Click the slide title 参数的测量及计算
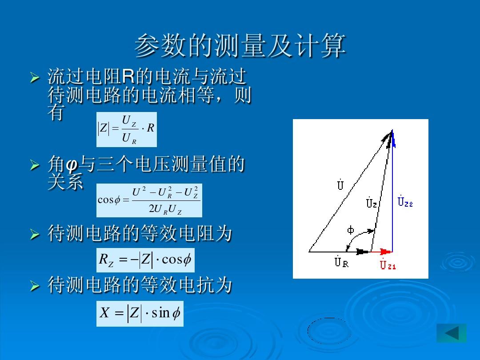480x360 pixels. [x=240, y=46]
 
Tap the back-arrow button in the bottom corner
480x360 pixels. [x=452, y=333]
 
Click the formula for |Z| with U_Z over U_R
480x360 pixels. [x=126, y=129]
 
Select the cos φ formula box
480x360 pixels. [x=149, y=200]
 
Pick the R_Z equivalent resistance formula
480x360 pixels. [x=145, y=260]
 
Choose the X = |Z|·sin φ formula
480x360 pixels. [x=140, y=313]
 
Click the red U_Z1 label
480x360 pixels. [x=388, y=264]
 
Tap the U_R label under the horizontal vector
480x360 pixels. [x=341, y=261]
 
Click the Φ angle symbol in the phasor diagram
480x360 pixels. [x=351, y=230]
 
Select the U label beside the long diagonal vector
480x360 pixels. [x=340, y=184]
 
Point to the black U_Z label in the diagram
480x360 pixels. [x=371, y=202]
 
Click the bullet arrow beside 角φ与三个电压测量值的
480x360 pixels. [x=35, y=165]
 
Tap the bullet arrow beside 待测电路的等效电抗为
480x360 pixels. [x=35, y=286]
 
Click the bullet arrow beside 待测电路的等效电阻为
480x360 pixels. [x=35, y=235]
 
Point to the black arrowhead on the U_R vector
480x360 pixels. [x=363, y=252]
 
